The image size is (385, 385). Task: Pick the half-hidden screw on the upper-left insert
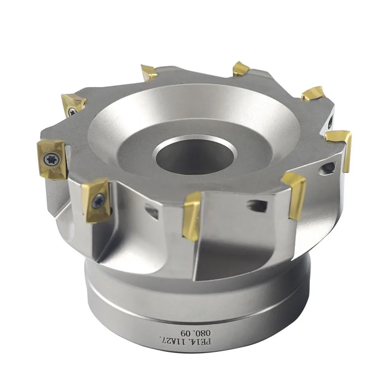[x=73, y=112]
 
